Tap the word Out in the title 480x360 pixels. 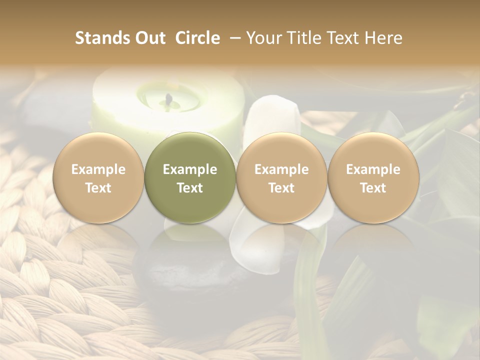tap(148, 38)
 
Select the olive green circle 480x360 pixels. tap(190, 177)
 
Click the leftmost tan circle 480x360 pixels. tap(98, 177)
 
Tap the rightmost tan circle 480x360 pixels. tap(373, 177)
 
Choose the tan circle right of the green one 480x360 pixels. tap(281, 177)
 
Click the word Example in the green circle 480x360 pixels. tap(190, 169)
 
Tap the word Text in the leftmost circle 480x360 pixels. tap(98, 188)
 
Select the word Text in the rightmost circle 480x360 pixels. tap(373, 188)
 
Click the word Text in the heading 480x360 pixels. tap(345, 38)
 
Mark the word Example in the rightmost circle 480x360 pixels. tap(373, 169)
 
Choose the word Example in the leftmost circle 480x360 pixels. tap(98, 169)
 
